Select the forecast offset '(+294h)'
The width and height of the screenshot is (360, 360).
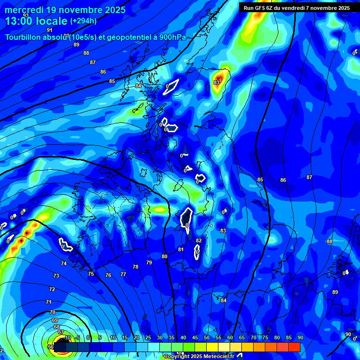coord(83,21)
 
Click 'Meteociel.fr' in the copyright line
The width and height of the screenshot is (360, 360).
coord(219,357)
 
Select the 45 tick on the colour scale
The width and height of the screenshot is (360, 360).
coord(195,337)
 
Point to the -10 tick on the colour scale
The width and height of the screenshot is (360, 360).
coord(67,337)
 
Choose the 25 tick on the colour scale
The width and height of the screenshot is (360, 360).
coord(148,337)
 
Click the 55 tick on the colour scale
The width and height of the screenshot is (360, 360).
coord(218,337)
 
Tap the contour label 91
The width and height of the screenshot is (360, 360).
coord(50,30)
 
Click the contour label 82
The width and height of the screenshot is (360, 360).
coord(199,240)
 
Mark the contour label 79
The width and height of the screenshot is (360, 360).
coord(149,262)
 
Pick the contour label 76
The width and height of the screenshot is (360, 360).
coord(108,275)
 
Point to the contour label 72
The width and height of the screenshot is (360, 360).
coord(52,289)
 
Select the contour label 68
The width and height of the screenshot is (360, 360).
coord(57,327)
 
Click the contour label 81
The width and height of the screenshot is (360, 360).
coord(181,249)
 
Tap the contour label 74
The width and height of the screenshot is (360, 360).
coord(64,264)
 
